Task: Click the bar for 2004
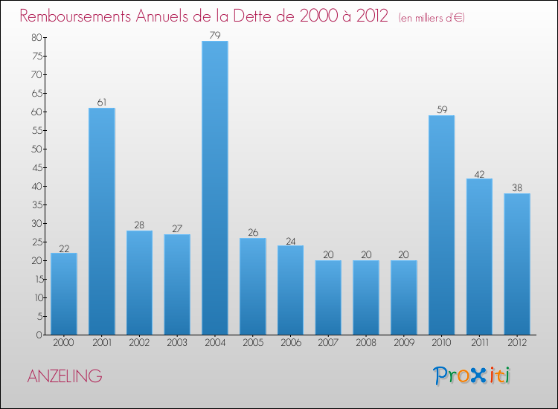215,187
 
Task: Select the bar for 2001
102,221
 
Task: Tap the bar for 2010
441,225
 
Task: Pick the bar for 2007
328,297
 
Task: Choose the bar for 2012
517,264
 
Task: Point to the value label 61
102,102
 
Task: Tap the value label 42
479,173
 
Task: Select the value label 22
64,248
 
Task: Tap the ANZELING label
65,376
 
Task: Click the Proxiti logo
472,376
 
